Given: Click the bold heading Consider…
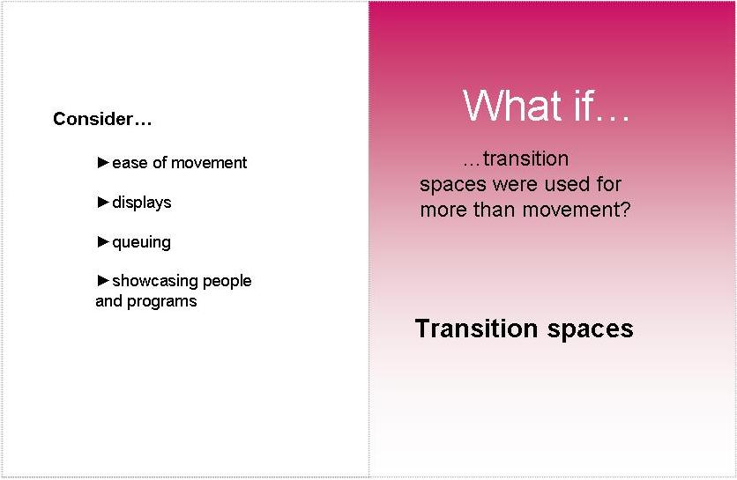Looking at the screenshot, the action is pyautogui.click(x=102, y=119).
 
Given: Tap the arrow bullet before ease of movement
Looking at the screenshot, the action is pyautogui.click(x=103, y=163).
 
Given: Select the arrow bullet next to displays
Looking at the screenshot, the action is pyautogui.click(x=103, y=202).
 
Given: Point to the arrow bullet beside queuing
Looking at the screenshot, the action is pyautogui.click(x=103, y=241).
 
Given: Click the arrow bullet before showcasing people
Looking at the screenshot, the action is pyautogui.click(x=103, y=280).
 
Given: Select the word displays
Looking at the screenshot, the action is pyautogui.click(x=142, y=203).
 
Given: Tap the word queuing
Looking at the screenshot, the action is pyautogui.click(x=141, y=243).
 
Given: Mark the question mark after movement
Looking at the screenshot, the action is pyautogui.click(x=625, y=210).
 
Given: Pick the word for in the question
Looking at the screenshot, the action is pyautogui.click(x=608, y=184).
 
